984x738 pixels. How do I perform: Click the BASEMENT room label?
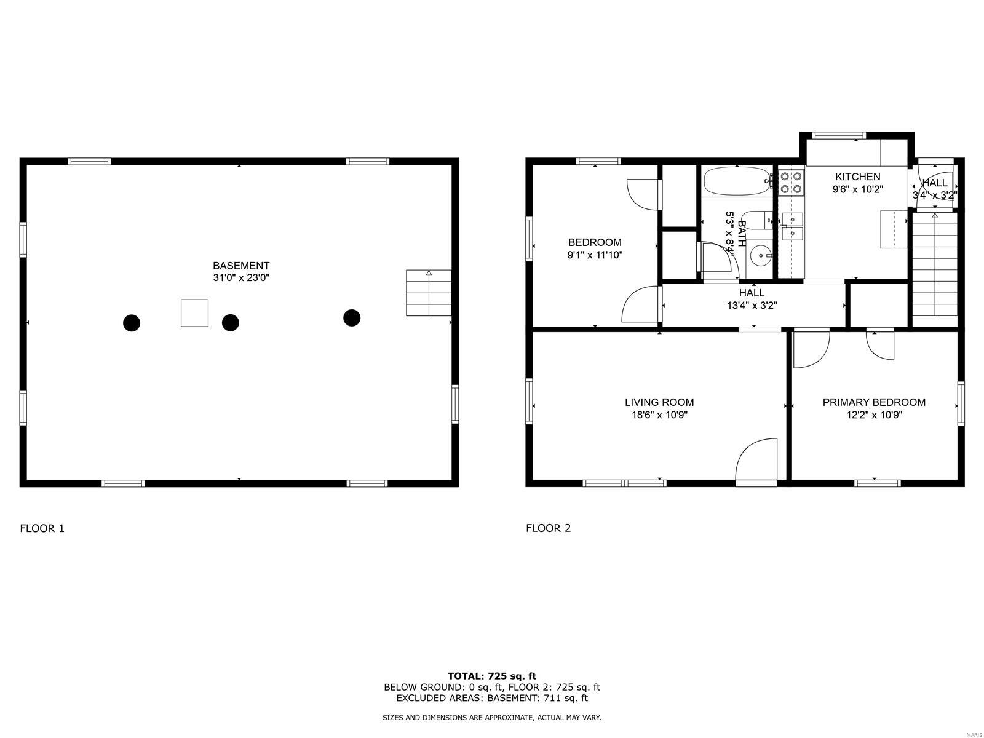pos(240,265)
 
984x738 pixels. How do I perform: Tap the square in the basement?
pos(194,313)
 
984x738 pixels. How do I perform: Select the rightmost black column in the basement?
pos(352,318)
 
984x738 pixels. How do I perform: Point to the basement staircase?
pos(429,293)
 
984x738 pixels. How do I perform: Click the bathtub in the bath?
pos(737,181)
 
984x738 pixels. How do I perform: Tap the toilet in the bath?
pos(756,220)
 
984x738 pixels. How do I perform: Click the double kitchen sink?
pos(792,226)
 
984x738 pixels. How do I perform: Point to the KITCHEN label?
pos(857,177)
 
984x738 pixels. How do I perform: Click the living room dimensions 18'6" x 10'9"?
pos(659,415)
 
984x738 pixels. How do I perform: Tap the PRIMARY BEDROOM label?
pos(874,402)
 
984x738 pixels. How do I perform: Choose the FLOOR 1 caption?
pos(42,528)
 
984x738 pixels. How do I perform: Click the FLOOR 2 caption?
pos(548,528)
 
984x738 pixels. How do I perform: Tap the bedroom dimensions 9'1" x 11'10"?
pos(595,255)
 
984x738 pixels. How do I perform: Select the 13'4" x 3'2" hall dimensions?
pos(752,306)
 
